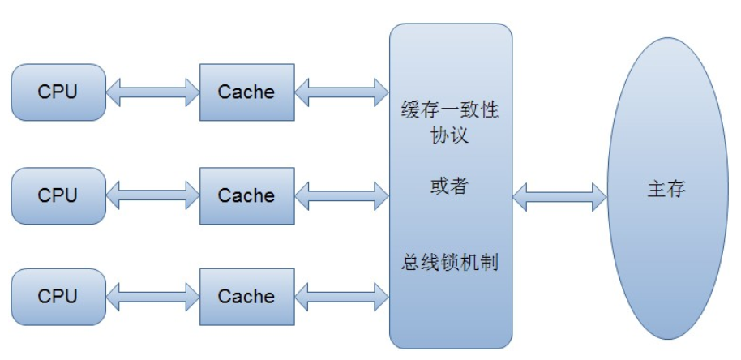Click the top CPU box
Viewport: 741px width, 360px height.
[58, 92]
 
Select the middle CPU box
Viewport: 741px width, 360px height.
[58, 195]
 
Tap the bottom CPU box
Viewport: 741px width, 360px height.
[58, 297]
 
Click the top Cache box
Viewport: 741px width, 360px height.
[246, 92]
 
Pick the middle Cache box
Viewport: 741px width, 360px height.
[246, 195]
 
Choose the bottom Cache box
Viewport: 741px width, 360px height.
[246, 297]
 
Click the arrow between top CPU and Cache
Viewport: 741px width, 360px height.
[152, 92]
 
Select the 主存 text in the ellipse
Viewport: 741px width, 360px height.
[666, 189]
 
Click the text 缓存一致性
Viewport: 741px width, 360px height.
[450, 110]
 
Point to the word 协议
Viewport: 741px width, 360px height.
[450, 135]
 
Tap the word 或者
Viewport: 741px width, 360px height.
[449, 186]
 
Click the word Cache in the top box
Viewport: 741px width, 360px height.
[246, 92]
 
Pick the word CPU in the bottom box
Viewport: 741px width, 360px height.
[58, 297]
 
